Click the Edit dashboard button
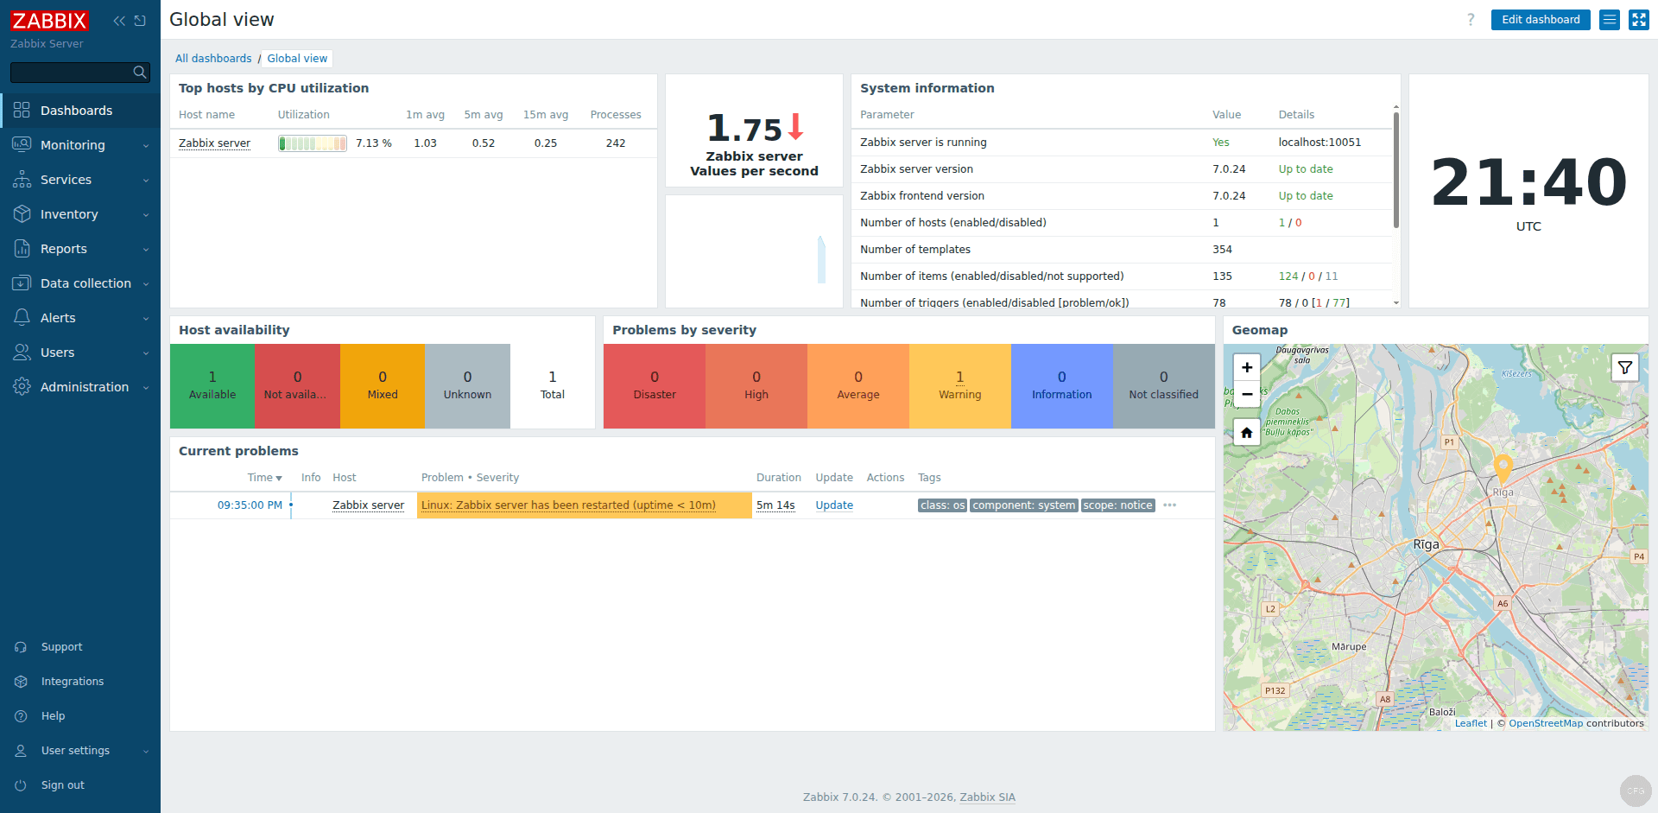[1540, 20]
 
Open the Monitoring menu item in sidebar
[73, 145]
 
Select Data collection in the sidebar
[85, 283]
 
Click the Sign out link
[62, 785]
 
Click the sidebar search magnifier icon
[140, 73]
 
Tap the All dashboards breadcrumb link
[213, 59]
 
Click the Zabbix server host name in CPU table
[214, 143]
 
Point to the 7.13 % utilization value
[373, 143]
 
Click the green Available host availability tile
[212, 386]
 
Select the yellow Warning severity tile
[959, 386]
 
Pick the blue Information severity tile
[1061, 386]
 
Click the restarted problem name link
[568, 505]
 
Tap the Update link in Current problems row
[834, 505]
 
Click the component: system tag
[1023, 505]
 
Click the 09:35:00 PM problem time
[250, 505]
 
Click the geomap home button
[1246, 433]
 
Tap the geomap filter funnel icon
[1624, 368]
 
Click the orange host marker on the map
[1503, 467]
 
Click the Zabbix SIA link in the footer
[987, 797]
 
